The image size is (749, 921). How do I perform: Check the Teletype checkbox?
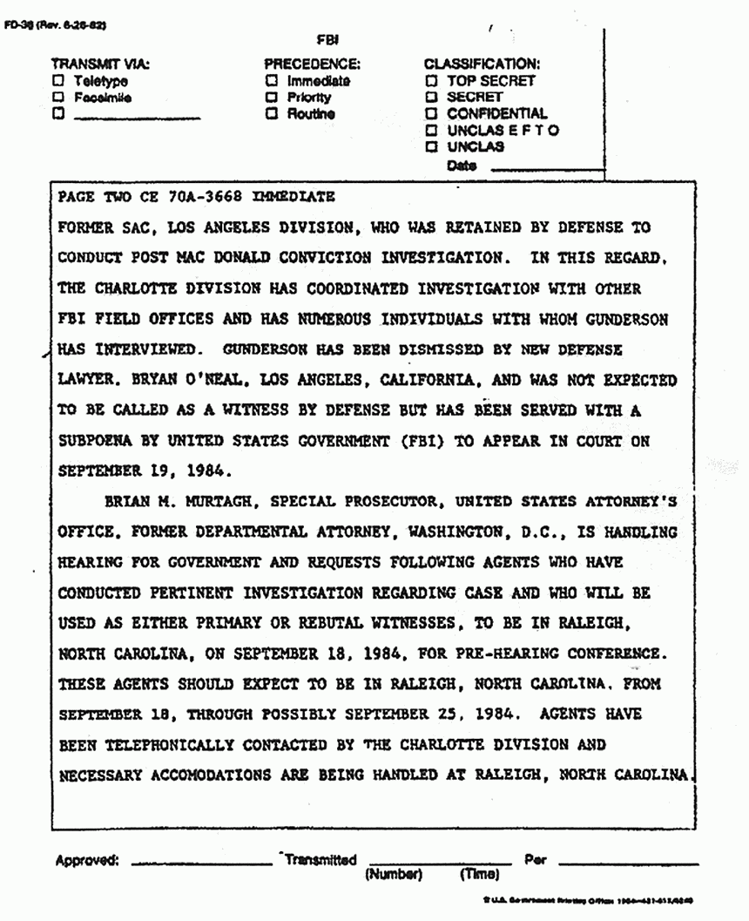click(x=59, y=81)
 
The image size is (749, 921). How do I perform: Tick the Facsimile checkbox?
click(x=59, y=98)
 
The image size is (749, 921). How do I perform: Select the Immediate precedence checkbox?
click(x=272, y=81)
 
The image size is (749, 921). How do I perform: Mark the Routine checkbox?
click(x=272, y=114)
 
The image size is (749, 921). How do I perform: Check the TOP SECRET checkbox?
click(x=430, y=81)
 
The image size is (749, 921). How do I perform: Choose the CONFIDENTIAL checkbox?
click(x=430, y=114)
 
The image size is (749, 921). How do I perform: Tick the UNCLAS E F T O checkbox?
click(x=430, y=131)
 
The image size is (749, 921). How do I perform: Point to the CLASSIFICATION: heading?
click(x=482, y=64)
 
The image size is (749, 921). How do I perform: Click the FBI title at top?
click(x=330, y=39)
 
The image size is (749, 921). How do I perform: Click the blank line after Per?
click(x=627, y=863)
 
